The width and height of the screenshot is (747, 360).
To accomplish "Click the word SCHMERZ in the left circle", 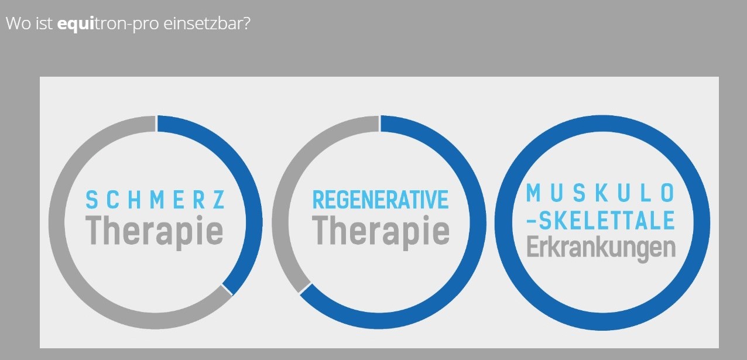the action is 155,200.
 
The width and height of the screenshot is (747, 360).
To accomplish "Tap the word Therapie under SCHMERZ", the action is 154,232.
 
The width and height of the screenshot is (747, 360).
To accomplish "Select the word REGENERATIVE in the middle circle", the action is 380,200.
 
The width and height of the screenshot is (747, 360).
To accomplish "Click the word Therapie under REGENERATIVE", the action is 381,232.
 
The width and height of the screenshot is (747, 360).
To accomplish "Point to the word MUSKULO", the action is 600,193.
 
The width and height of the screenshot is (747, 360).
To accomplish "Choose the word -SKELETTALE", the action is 600,220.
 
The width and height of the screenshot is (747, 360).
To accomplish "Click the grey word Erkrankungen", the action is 601,248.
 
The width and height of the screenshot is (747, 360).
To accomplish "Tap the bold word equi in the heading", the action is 76,24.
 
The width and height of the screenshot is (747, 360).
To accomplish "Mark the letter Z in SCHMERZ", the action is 219,200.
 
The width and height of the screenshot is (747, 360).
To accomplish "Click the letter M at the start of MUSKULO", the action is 533,193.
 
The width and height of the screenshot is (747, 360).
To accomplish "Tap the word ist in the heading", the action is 44,23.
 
